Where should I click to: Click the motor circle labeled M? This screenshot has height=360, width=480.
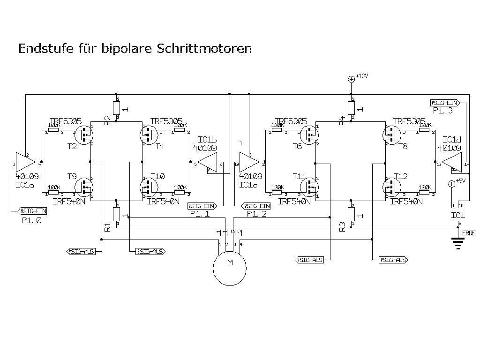[230, 268]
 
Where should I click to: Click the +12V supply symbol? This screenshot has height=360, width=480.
[351, 79]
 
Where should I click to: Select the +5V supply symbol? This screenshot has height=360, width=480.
[452, 184]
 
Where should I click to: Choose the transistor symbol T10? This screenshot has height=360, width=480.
[150, 187]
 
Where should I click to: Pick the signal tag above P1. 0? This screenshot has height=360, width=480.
[32, 210]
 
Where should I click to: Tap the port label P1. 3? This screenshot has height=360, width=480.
[443, 111]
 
